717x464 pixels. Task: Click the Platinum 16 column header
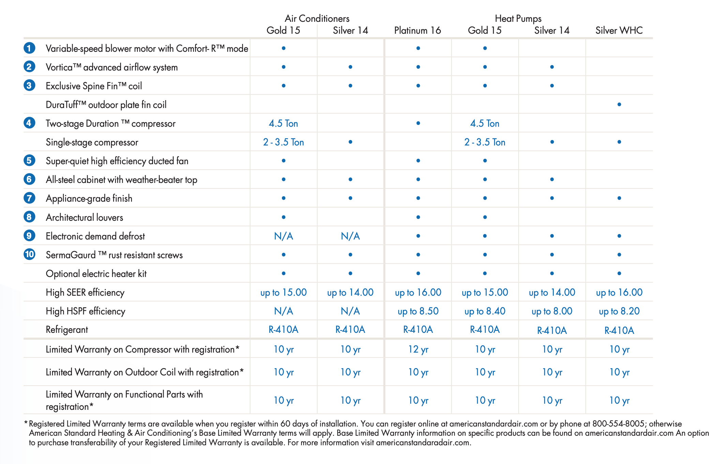[x=417, y=30]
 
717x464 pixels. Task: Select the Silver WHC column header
[x=619, y=30]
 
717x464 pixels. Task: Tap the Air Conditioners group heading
[x=317, y=18]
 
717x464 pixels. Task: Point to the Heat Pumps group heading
[x=518, y=18]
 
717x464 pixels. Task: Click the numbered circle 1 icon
[x=29, y=48]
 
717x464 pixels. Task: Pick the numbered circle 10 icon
[x=29, y=254]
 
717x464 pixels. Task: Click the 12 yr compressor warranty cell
[x=418, y=349]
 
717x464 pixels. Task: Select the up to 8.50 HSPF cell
[x=418, y=311]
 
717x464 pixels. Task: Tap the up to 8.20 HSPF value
[x=619, y=311]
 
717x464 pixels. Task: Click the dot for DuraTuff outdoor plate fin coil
[x=619, y=104]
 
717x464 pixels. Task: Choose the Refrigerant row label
[x=67, y=329]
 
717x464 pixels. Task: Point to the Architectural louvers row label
[x=85, y=217]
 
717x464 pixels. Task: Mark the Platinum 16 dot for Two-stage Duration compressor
[x=418, y=123]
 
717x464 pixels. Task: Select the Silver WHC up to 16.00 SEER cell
[x=619, y=292]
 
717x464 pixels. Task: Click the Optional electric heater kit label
[x=96, y=274]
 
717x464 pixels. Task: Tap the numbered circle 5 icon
[x=29, y=160]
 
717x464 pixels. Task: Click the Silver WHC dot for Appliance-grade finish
[x=619, y=198]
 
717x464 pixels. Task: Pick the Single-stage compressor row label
[x=92, y=142]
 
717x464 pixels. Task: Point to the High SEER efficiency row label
[x=85, y=292]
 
